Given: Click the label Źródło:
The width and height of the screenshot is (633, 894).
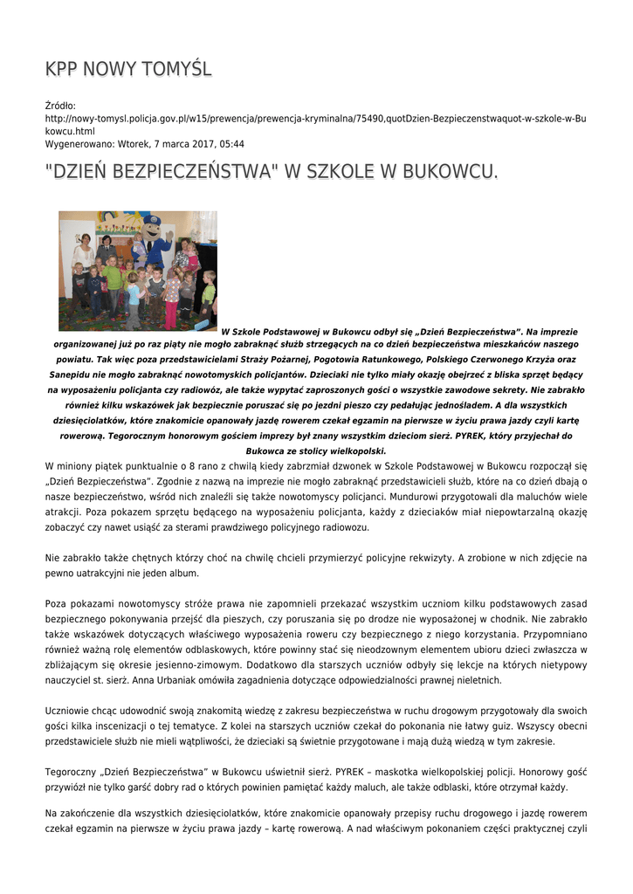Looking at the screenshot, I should click(60, 106).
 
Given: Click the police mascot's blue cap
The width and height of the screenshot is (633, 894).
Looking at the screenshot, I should click(152, 221).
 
